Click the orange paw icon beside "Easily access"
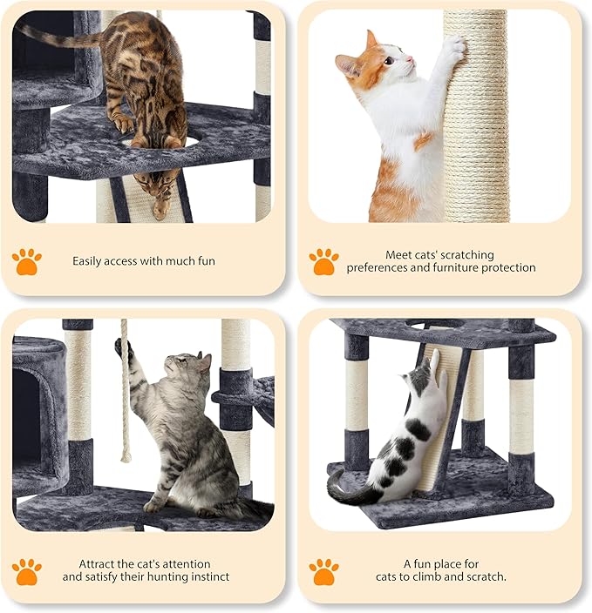point(26,260)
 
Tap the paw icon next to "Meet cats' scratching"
point(323,260)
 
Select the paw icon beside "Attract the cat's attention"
point(26,570)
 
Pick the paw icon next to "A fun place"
point(323,570)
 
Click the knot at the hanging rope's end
point(126,455)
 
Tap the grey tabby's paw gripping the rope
point(126,350)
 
